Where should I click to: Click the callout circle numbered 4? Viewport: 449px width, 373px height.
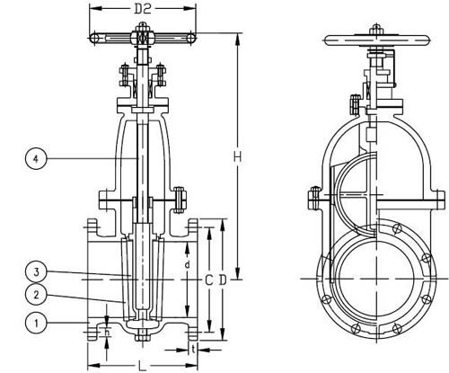(x=36, y=158)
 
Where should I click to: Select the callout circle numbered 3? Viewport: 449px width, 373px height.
(x=36, y=272)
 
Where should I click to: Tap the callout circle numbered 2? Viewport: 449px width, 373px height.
(x=36, y=295)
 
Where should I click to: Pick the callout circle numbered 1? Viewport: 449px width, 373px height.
(x=36, y=323)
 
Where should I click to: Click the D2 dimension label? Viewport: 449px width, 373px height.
(x=142, y=9)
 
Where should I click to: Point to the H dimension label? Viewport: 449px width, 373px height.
(x=237, y=156)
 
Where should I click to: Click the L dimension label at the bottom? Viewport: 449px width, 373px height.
(x=143, y=365)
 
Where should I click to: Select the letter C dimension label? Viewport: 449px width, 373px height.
(x=208, y=280)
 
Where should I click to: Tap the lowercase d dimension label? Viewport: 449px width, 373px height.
(x=187, y=264)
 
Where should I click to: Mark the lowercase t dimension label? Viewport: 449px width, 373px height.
(x=194, y=349)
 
